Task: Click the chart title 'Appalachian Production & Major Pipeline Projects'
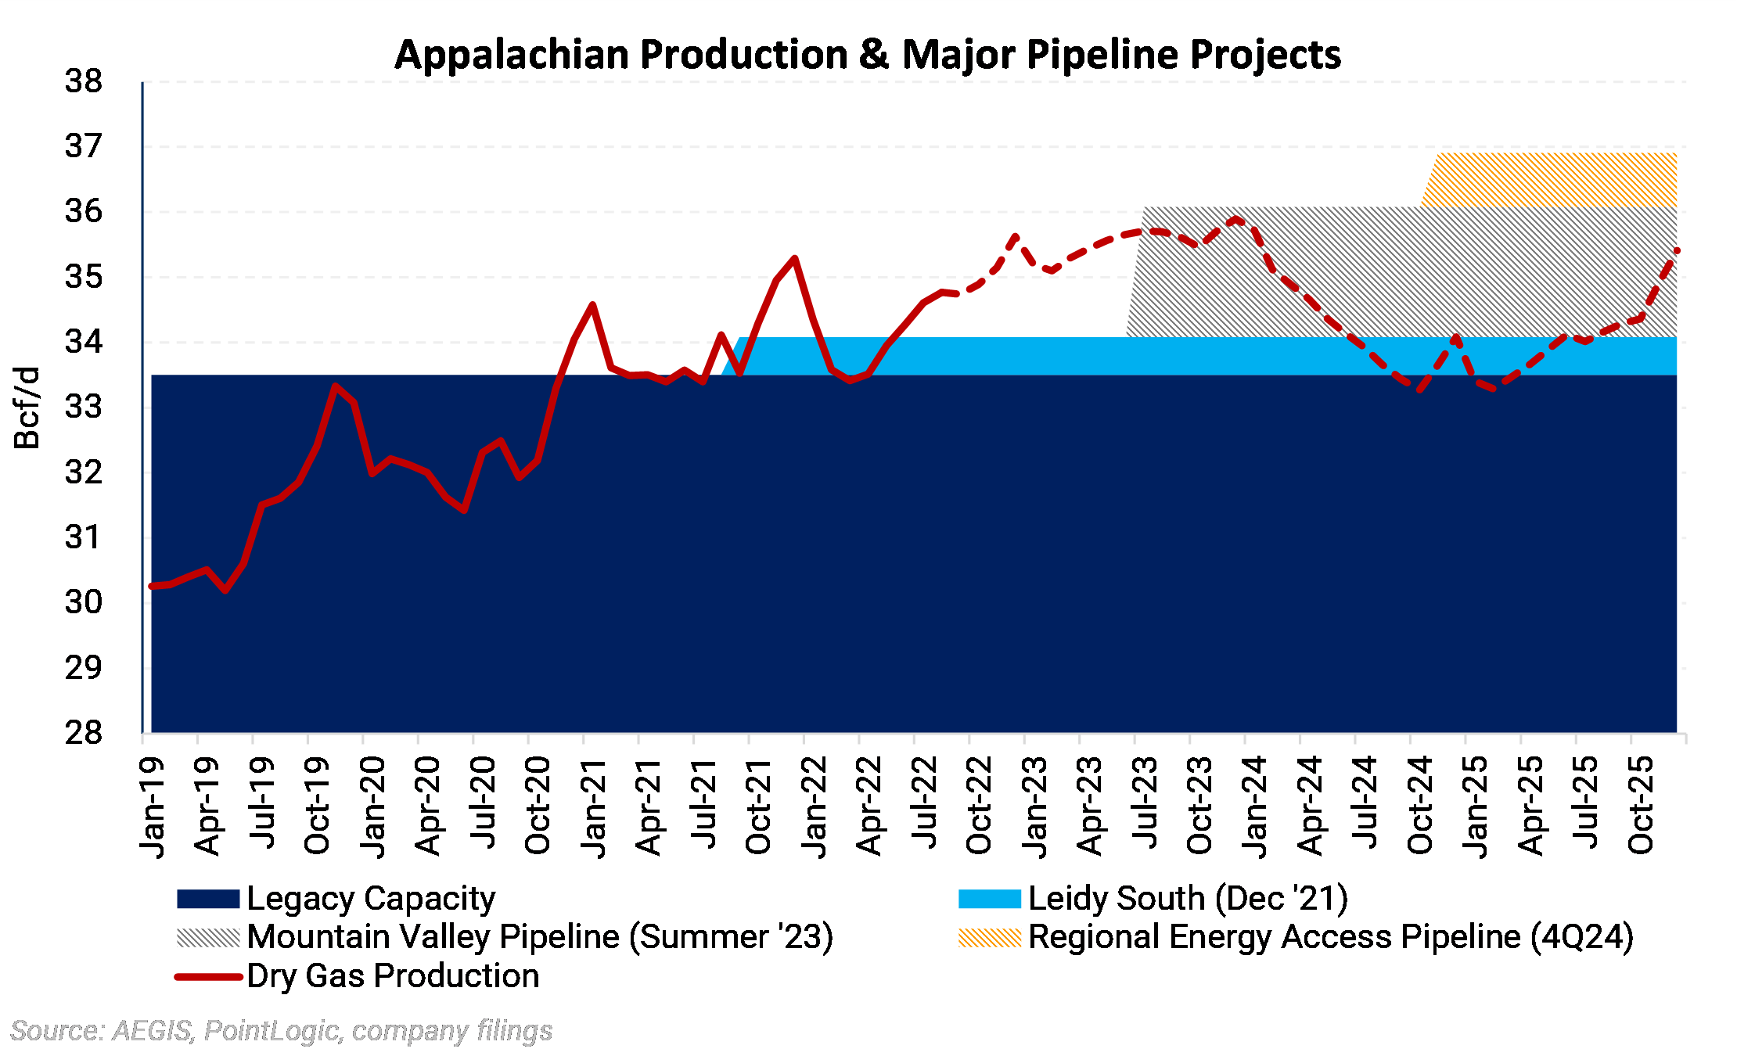pyautogui.click(x=867, y=55)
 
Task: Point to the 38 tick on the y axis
pyautogui.click(x=84, y=81)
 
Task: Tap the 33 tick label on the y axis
pyautogui.click(x=84, y=407)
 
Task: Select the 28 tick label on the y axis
pyautogui.click(x=84, y=733)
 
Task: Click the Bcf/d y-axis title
pyautogui.click(x=27, y=407)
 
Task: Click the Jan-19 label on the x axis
pyautogui.click(x=152, y=806)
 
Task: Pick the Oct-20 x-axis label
pyautogui.click(x=538, y=806)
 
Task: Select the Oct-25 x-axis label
pyautogui.click(x=1641, y=806)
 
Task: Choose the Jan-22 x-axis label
pyautogui.click(x=814, y=806)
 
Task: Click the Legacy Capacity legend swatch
pyautogui.click(x=208, y=899)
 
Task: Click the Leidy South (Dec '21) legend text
pyautogui.click(x=1188, y=899)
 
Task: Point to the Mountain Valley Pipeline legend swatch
pyautogui.click(x=208, y=937)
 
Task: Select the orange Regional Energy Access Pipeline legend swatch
pyautogui.click(x=990, y=937)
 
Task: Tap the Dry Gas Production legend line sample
pyautogui.click(x=208, y=976)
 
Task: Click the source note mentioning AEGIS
pyautogui.click(x=282, y=1031)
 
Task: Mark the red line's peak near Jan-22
pyautogui.click(x=795, y=258)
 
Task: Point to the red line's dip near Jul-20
pyautogui.click(x=465, y=510)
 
